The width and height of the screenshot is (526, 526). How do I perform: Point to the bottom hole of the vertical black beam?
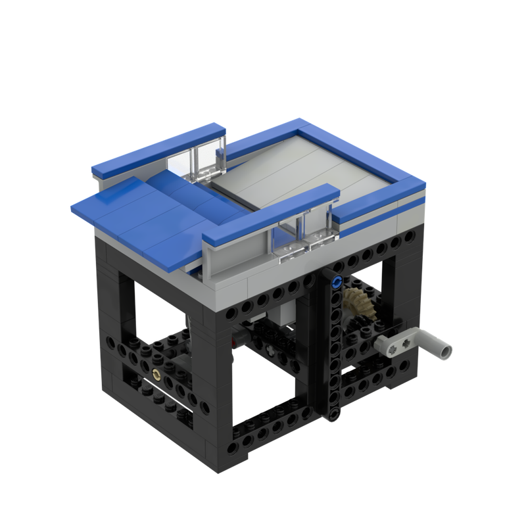(x=334, y=412)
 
